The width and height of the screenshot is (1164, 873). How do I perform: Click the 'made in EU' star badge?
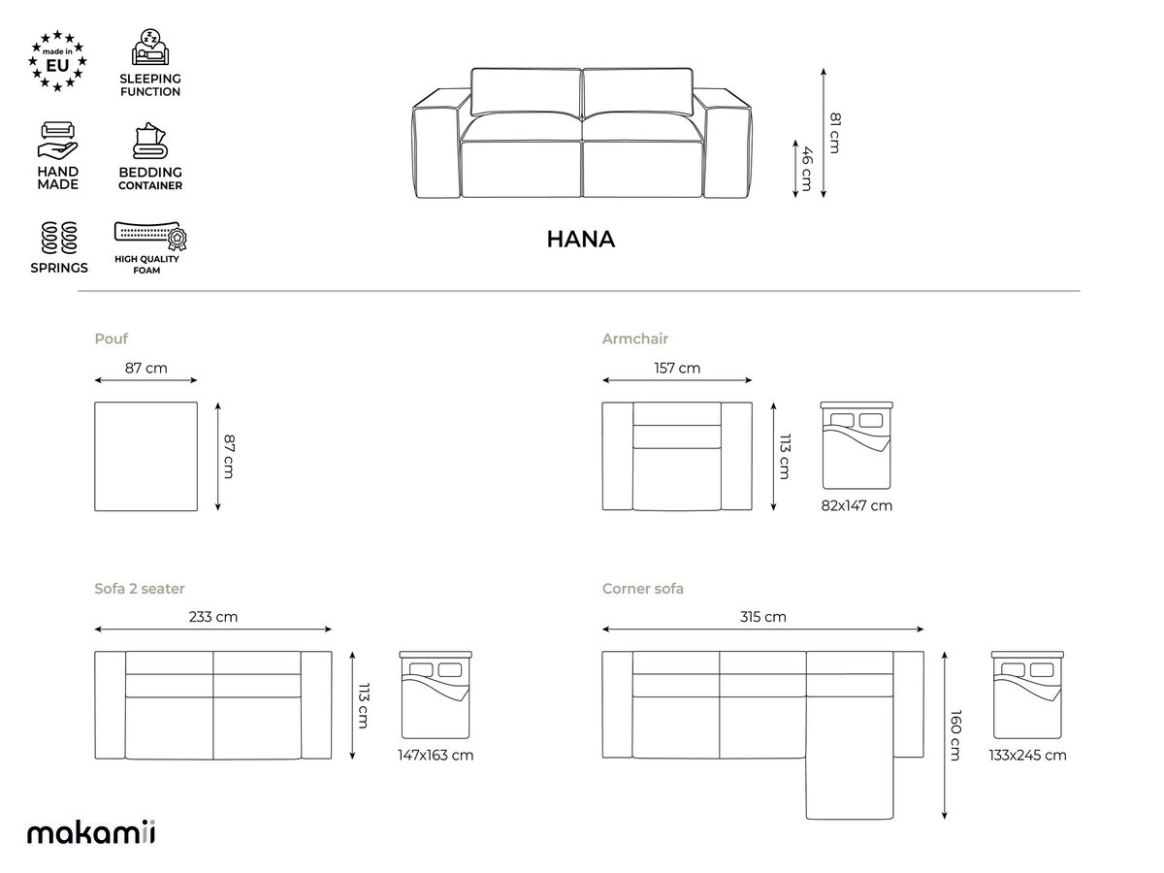point(57,61)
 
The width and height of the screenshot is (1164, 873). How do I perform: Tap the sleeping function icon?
point(150,48)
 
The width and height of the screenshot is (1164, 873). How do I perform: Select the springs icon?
point(59,238)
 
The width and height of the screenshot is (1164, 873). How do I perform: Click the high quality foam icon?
point(150,236)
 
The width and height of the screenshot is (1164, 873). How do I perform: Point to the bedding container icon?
point(150,141)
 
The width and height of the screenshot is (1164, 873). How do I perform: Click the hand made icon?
point(58,141)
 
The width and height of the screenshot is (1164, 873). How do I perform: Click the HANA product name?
point(581,240)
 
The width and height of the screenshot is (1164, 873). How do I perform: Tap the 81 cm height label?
point(835,133)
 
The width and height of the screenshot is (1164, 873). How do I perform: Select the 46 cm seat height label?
point(806,169)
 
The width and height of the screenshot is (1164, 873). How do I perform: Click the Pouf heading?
point(111,339)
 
